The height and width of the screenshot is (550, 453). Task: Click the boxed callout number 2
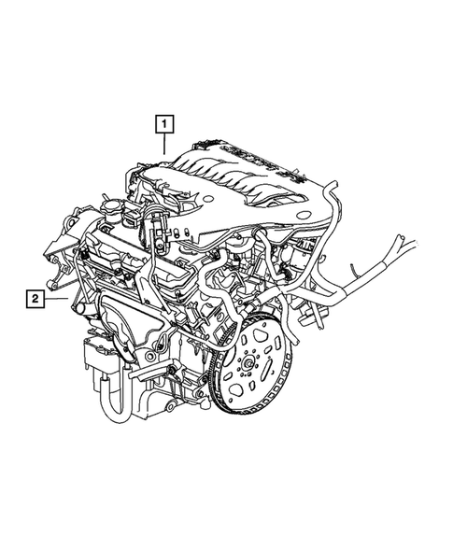pyautogui.click(x=35, y=299)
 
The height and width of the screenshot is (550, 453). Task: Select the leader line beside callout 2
pyautogui.click(x=58, y=299)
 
